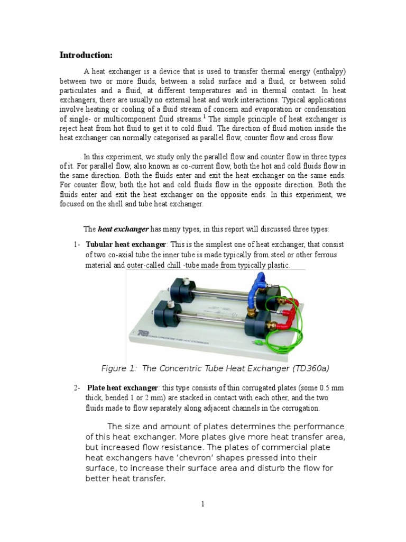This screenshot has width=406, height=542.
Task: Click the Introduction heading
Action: [x=86, y=55]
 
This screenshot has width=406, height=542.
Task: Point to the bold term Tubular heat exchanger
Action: [x=126, y=245]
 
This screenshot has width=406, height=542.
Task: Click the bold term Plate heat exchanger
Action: [x=122, y=388]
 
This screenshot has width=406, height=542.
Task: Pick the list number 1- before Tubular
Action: [x=77, y=245]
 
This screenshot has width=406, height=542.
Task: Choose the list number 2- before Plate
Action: [x=77, y=388]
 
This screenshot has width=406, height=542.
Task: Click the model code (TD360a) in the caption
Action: [x=311, y=368]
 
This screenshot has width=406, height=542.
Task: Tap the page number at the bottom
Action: [x=202, y=504]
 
